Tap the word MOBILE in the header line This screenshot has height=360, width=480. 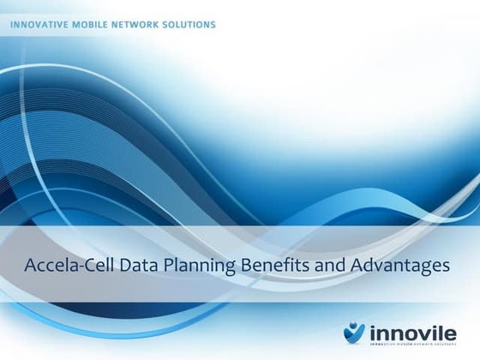(93, 24)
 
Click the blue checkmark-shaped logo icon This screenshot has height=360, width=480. (354, 330)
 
